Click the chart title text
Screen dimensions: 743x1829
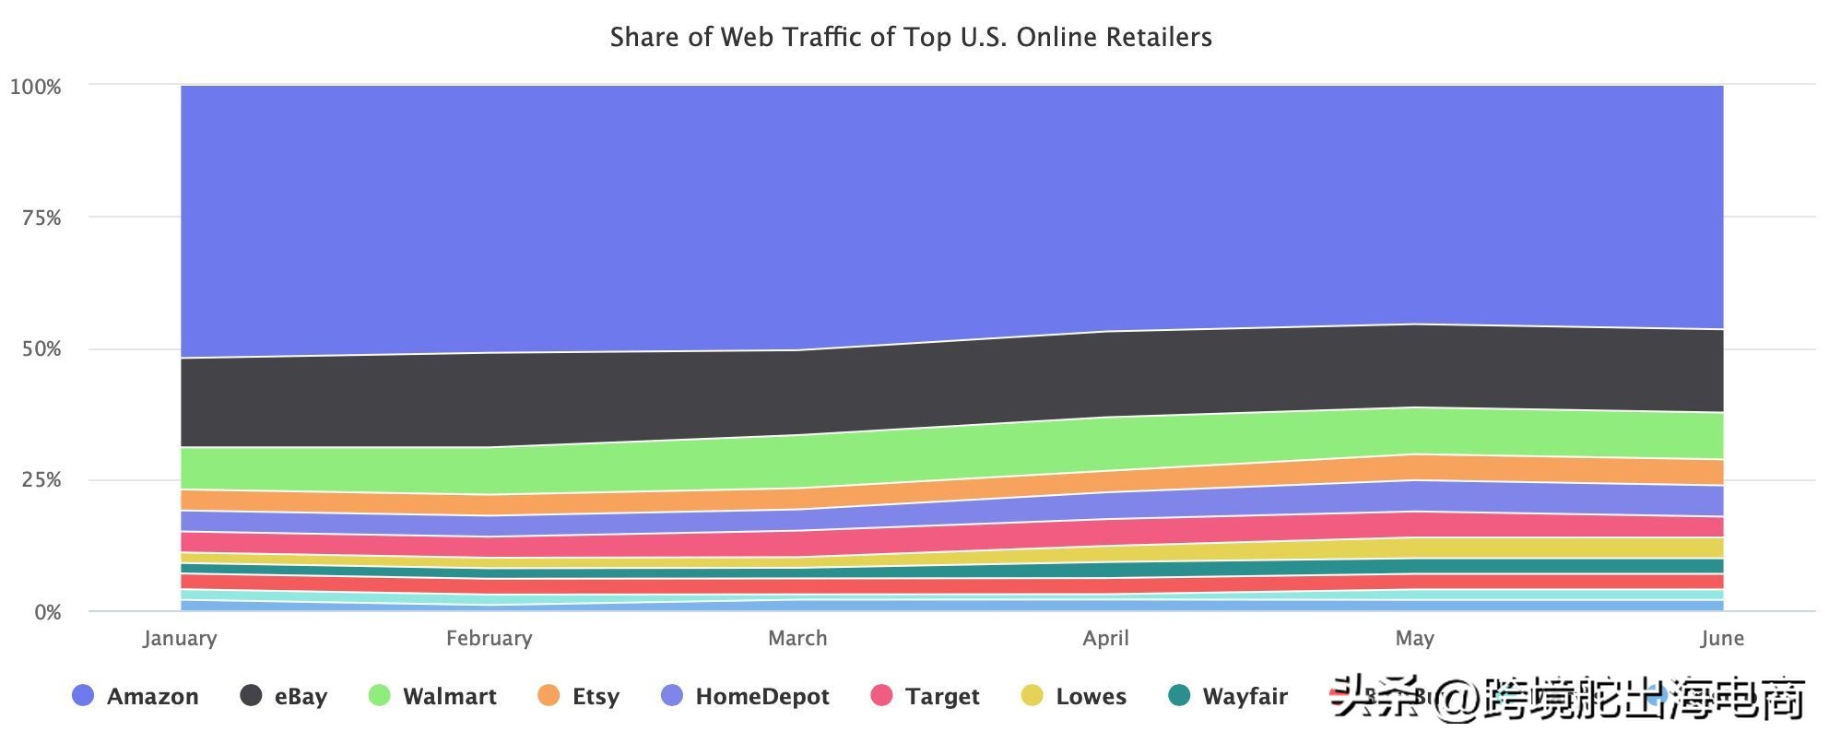pyautogui.click(x=911, y=37)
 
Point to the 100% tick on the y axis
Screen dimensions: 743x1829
pyautogui.click(x=36, y=87)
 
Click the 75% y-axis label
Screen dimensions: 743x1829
pyautogui.click(x=41, y=218)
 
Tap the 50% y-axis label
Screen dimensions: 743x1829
pyautogui.click(x=41, y=349)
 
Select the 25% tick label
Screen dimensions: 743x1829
pyautogui.click(x=41, y=480)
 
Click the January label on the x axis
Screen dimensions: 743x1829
pyautogui.click(x=180, y=638)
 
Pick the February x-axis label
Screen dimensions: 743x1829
pyautogui.click(x=489, y=638)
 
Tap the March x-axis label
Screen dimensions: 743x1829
pyautogui.click(x=797, y=638)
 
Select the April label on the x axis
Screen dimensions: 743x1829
pyautogui.click(x=1105, y=638)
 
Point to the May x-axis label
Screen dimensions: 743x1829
pyautogui.click(x=1414, y=638)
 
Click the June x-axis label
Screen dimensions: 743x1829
pyautogui.click(x=1722, y=638)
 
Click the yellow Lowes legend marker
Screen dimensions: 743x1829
pyautogui.click(x=1032, y=696)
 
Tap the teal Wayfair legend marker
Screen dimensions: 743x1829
pyautogui.click(x=1179, y=696)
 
